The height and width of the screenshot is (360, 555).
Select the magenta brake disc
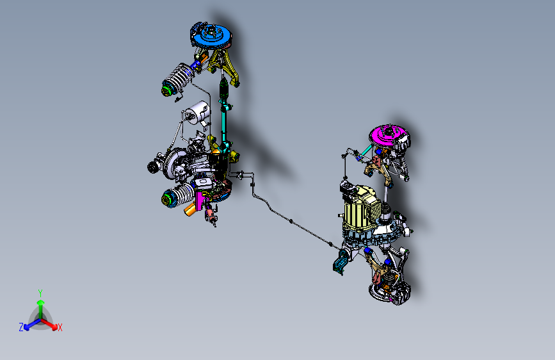386,136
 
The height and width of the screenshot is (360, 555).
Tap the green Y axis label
40,291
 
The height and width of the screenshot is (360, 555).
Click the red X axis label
60,327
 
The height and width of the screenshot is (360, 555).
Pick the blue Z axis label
21,327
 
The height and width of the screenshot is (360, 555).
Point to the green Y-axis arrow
40,304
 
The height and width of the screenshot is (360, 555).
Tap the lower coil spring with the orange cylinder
179,195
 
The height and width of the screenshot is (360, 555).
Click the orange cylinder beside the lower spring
191,209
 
